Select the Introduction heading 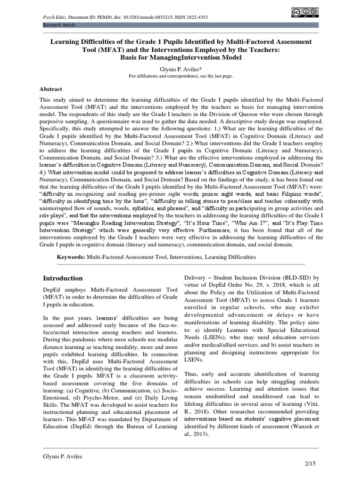coord(63,278)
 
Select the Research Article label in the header coord(59,24)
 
